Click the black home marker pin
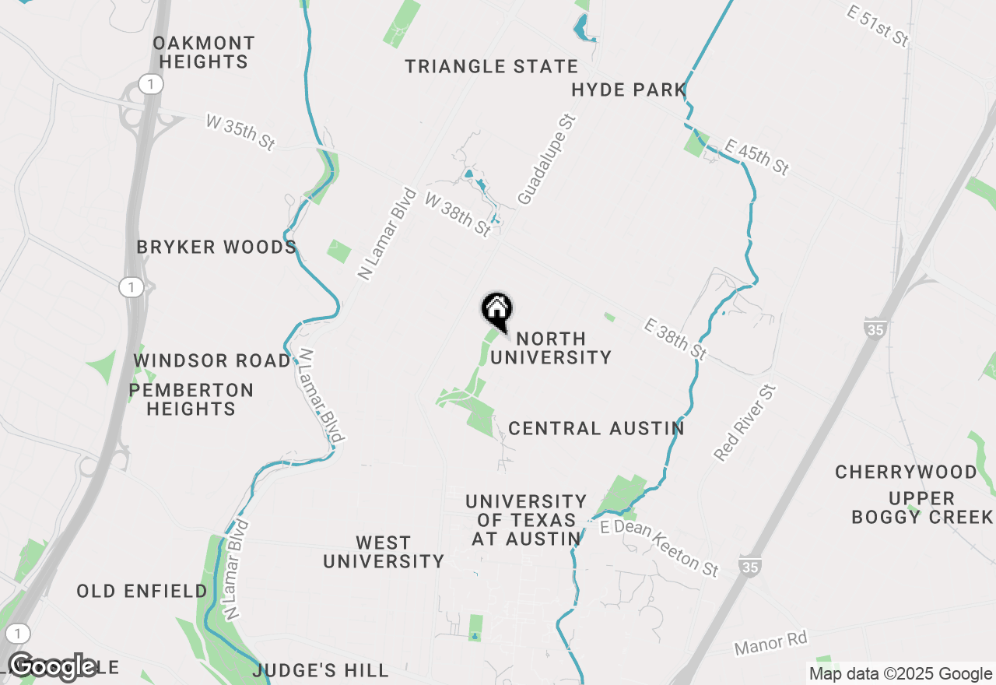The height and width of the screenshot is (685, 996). click(x=496, y=311)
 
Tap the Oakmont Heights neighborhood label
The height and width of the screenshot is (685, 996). click(x=204, y=52)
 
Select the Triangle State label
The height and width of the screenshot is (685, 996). click(x=492, y=67)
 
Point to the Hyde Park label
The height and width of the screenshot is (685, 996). click(x=629, y=90)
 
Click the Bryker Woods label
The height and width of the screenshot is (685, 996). click(x=216, y=248)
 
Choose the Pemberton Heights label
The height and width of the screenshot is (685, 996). click(x=191, y=399)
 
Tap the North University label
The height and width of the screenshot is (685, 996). click(x=551, y=348)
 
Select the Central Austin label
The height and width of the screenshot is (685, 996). click(x=596, y=429)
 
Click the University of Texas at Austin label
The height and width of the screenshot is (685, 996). click(x=526, y=520)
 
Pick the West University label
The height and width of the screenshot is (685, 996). click(x=384, y=552)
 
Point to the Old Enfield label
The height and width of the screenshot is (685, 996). click(x=142, y=592)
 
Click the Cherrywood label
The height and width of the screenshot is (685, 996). click(x=906, y=472)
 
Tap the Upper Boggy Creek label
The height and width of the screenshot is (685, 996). click(x=922, y=508)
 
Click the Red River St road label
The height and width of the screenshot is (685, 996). click(x=745, y=423)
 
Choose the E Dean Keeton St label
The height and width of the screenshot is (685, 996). click(x=660, y=549)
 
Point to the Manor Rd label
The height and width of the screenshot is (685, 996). click(x=771, y=643)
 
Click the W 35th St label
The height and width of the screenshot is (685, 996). click(x=240, y=132)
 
